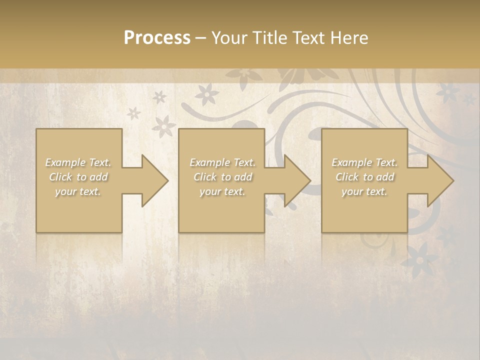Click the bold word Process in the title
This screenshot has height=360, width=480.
[157, 38]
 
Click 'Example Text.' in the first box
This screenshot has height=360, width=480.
[78, 162]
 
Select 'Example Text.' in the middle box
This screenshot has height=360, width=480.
[222, 162]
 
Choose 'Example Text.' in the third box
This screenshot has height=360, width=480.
[364, 162]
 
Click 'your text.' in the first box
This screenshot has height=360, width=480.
[78, 191]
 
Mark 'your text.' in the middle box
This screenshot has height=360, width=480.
[222, 191]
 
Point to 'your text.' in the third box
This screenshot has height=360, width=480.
[364, 191]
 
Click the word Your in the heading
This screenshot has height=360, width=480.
[228, 38]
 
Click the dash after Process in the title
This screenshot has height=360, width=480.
[200, 38]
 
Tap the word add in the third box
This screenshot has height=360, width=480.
[384, 177]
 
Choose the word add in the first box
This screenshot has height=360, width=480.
[98, 177]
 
